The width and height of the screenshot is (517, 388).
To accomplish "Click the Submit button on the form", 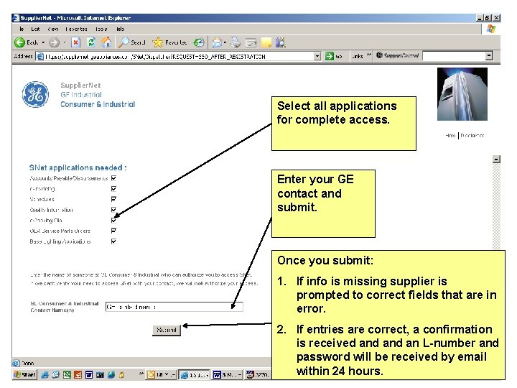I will coord(167,331).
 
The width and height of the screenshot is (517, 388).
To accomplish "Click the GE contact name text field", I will coord(174,307).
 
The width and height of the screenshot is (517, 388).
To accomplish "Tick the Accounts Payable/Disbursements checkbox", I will coord(113,178).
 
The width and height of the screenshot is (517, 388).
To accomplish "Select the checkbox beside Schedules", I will coord(113,199).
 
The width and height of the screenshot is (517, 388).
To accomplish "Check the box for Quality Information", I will coord(113,210).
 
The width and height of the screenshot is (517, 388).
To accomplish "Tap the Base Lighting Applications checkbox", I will coord(113,241).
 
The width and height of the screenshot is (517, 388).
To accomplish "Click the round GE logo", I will coord(34,94).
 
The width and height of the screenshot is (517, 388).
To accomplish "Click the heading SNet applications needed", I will coord(78,167).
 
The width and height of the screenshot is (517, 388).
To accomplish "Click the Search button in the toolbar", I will coord(132,42).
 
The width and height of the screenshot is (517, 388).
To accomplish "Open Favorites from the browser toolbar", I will coord(170,42).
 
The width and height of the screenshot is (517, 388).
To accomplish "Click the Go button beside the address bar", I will coord(333,56).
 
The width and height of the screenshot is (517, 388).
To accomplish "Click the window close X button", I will coord(498,17).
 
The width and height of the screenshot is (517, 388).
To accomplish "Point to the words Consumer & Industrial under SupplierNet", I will coord(98,104).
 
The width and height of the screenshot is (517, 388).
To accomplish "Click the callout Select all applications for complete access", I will coord(343,113).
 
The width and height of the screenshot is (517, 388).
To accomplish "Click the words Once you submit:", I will coord(325,261).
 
